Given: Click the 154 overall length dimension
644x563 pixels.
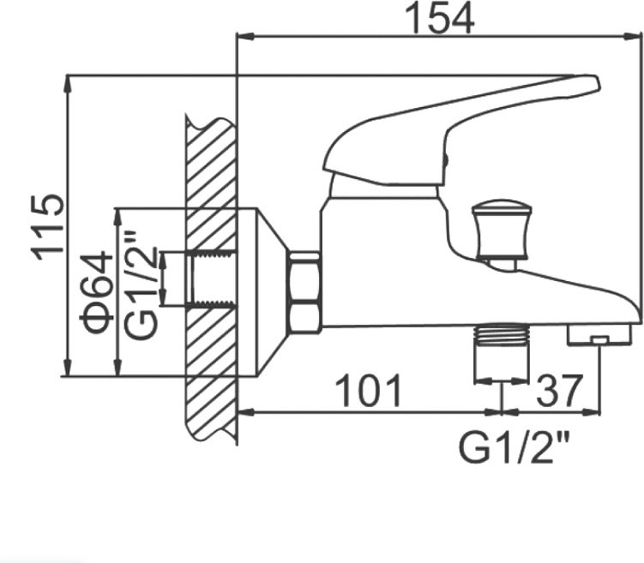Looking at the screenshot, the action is click(x=439, y=20).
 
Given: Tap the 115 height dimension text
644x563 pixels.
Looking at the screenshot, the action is click(x=48, y=227).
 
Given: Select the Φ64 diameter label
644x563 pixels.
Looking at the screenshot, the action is click(x=97, y=292).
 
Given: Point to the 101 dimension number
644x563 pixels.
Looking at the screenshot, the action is click(x=369, y=390).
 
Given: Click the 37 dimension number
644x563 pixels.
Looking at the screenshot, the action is click(x=559, y=390).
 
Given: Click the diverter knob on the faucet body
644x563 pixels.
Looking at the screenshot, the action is click(x=499, y=235).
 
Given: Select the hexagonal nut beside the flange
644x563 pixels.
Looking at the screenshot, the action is click(x=304, y=291).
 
